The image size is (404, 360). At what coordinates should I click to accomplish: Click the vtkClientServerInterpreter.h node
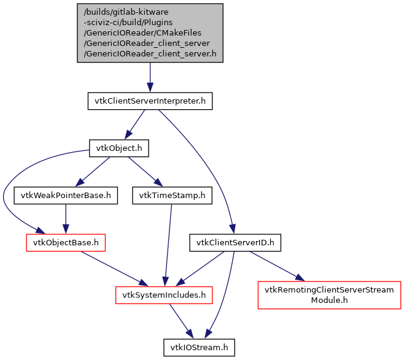150,101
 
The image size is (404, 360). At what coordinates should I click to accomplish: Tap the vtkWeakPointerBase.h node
66,196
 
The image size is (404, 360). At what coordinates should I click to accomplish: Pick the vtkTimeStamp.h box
172,196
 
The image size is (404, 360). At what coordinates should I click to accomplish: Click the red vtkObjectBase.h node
65,243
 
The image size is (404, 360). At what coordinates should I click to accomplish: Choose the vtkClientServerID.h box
235,243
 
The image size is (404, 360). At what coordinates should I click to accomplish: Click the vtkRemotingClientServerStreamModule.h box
329,295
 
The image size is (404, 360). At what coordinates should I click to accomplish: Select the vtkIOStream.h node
199,347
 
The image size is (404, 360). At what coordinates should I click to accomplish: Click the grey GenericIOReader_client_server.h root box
150,33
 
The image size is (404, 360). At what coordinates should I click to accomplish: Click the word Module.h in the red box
329,301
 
